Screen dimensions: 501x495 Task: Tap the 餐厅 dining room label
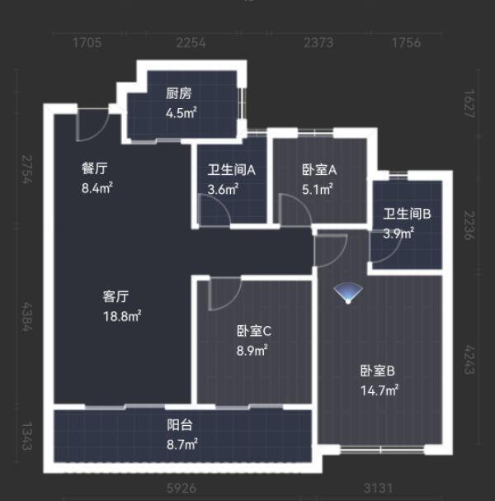point(95,168)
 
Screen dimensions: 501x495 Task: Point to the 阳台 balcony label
point(180,426)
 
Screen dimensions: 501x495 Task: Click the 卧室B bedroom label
point(378,371)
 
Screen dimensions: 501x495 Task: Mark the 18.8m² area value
point(122,315)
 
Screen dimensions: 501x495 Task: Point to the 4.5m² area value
point(181,112)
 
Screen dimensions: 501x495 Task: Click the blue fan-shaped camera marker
point(346,295)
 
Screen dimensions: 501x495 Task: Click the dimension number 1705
point(87,43)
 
